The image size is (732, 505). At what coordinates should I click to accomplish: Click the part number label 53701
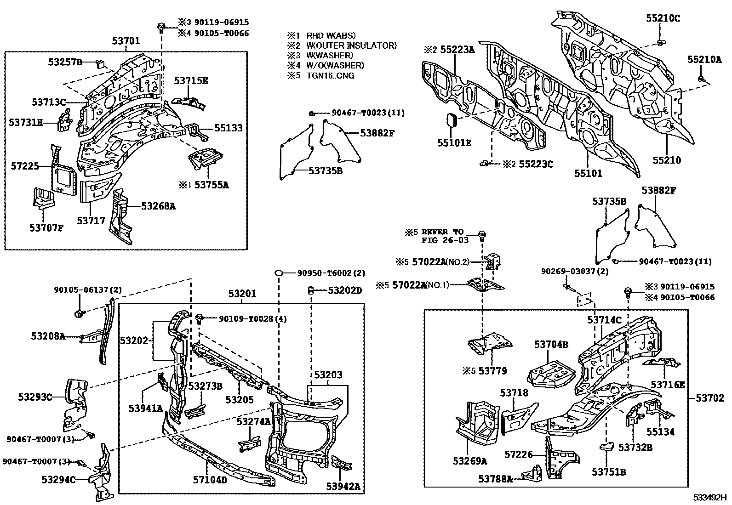pos(126,41)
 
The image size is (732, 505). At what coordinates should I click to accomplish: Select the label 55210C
pos(663,18)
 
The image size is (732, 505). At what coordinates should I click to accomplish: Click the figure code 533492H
pos(710,497)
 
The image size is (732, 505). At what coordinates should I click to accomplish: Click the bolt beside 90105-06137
pos(79,314)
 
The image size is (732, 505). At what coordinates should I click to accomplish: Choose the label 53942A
pos(343,486)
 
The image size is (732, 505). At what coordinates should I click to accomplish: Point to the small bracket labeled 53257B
pos(99,63)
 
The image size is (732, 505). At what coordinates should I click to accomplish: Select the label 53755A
pos(212,185)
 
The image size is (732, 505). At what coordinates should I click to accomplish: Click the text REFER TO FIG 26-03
pos(443,236)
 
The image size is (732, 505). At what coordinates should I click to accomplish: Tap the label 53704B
pos(551,344)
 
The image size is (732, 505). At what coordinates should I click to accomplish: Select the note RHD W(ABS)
pos(331,35)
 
